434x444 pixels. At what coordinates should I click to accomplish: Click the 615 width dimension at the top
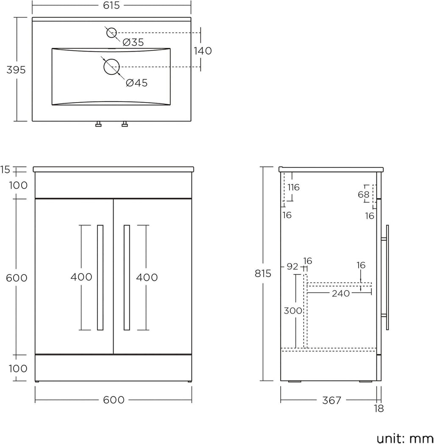(x=111, y=6)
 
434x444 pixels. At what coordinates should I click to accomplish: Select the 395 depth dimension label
(x=16, y=70)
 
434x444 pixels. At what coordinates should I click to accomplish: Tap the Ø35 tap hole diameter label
(x=133, y=42)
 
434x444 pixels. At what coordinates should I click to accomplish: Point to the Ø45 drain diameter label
(x=136, y=83)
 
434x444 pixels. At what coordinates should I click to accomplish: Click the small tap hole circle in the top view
(x=111, y=32)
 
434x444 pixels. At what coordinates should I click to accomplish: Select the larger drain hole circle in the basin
(x=112, y=67)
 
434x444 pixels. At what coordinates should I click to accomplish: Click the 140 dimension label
(x=203, y=51)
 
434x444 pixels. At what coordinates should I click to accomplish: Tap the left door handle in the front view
(x=100, y=277)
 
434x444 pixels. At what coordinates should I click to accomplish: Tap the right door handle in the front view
(x=127, y=277)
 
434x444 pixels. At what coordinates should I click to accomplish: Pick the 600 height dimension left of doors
(x=17, y=278)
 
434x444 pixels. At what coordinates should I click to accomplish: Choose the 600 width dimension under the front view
(x=114, y=400)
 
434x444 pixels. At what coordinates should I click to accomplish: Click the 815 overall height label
(x=263, y=274)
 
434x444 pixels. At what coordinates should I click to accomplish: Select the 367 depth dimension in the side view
(x=331, y=400)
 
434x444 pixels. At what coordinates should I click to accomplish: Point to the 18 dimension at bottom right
(x=379, y=409)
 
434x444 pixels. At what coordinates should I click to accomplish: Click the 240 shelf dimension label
(x=341, y=293)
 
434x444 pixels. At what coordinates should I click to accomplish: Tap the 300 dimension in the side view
(x=293, y=311)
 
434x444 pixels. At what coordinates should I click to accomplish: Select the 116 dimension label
(x=293, y=187)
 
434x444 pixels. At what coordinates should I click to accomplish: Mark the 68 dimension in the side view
(x=364, y=195)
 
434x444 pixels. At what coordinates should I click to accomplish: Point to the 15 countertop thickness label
(x=5, y=169)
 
